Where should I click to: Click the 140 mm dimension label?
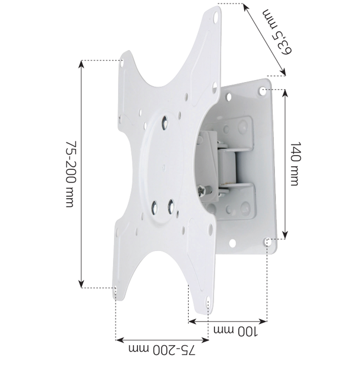coord(294,164)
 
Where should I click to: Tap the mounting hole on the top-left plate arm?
coord(122,63)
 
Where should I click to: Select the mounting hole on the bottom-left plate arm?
coord(115,290)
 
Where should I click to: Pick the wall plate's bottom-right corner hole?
coord(267,242)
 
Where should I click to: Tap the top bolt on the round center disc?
coord(165,121)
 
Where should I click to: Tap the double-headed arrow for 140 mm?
coord(285,164)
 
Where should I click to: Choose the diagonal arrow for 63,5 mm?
coord(264,40)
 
